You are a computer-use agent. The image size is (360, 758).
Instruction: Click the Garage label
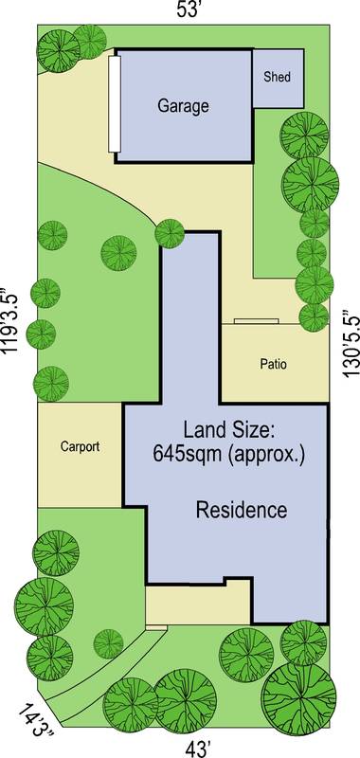182,106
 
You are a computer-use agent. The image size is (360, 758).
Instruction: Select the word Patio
272,363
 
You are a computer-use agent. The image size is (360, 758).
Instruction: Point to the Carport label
80,446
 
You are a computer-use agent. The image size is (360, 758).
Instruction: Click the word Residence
241,511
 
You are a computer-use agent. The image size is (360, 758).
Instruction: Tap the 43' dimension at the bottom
196,749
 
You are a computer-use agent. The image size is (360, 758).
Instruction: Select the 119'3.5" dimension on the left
11,320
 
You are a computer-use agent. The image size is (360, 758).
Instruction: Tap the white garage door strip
114,103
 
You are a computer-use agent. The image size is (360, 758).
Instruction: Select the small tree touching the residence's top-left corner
170,232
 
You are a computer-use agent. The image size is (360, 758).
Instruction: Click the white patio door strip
257,322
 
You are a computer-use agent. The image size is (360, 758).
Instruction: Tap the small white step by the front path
156,626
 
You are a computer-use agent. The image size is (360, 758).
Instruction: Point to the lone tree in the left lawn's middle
117,252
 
